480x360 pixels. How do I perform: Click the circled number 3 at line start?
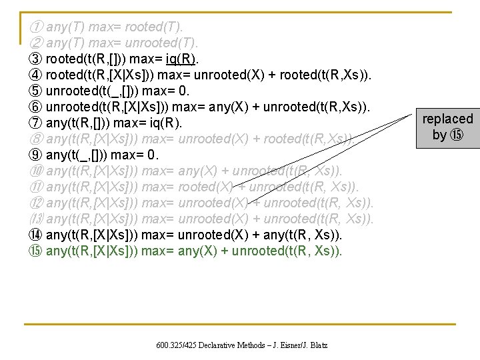point(36,59)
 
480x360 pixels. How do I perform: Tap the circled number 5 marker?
point(36,91)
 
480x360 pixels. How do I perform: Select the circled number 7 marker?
point(36,123)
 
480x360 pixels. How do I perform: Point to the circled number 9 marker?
point(36,155)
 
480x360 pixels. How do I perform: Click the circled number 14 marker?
point(36,235)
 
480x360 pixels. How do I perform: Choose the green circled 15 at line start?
point(36,251)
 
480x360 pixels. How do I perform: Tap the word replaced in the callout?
point(447,119)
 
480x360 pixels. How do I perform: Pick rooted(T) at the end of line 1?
point(155,27)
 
